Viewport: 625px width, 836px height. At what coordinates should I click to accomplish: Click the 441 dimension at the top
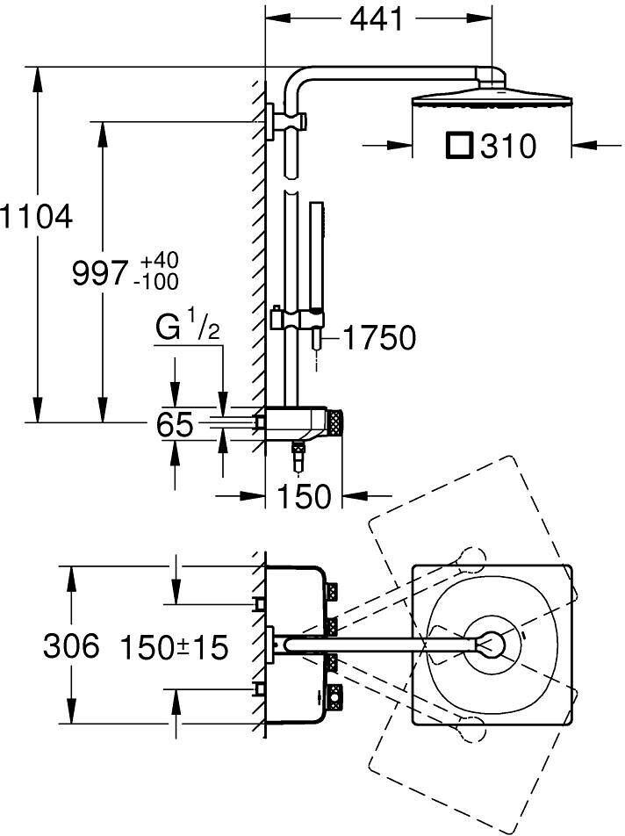pos(377,19)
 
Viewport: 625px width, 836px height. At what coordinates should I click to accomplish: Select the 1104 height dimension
pos(36,217)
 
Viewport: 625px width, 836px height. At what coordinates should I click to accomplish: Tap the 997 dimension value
pos(100,273)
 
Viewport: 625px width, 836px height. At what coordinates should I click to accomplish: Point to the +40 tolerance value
pos(160,262)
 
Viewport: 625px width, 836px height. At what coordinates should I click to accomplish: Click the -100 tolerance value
pos(156,282)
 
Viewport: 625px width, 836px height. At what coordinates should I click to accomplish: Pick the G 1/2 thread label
pos(188,327)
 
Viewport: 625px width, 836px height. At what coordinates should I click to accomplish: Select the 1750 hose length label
pos(379,337)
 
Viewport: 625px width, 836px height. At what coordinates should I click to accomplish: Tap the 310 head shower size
pos(507,146)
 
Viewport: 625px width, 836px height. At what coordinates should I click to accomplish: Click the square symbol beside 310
pos(459,146)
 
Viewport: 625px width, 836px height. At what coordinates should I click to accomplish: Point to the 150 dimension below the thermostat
pos(305,496)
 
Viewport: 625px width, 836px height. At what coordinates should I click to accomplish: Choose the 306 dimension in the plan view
pos(71,645)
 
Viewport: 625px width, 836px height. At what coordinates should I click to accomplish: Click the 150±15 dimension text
pos(174,647)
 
